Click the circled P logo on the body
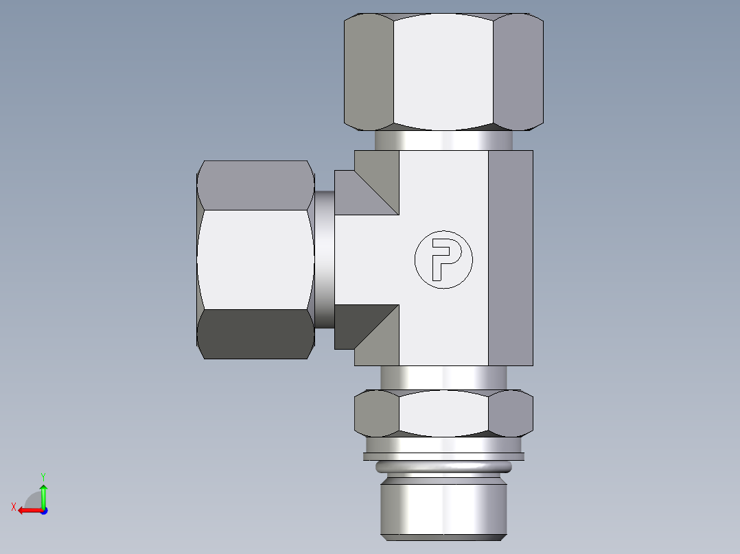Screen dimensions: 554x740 [443, 259]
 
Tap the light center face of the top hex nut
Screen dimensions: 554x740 [443, 71]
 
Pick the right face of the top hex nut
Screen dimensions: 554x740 [518, 71]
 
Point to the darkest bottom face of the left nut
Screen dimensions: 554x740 [254, 334]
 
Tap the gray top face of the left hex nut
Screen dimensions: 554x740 [254, 185]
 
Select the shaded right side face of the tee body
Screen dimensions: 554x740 [511, 258]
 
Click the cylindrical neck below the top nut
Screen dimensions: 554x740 [443, 141]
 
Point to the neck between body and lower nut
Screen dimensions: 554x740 [443, 377]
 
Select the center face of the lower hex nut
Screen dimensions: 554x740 [443, 413]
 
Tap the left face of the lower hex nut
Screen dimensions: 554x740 [377, 413]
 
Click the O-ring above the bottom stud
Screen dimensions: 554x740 [443, 468]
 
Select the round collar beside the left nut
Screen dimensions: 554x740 [325, 259]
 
